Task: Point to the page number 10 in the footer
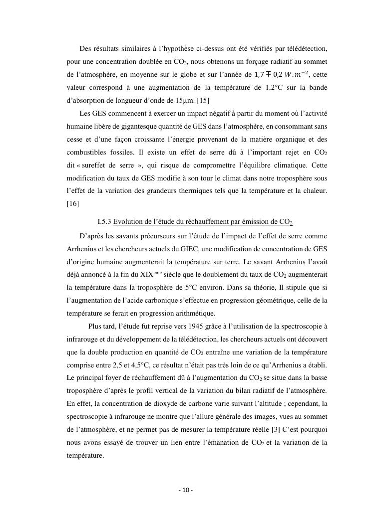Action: pos(185,490)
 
